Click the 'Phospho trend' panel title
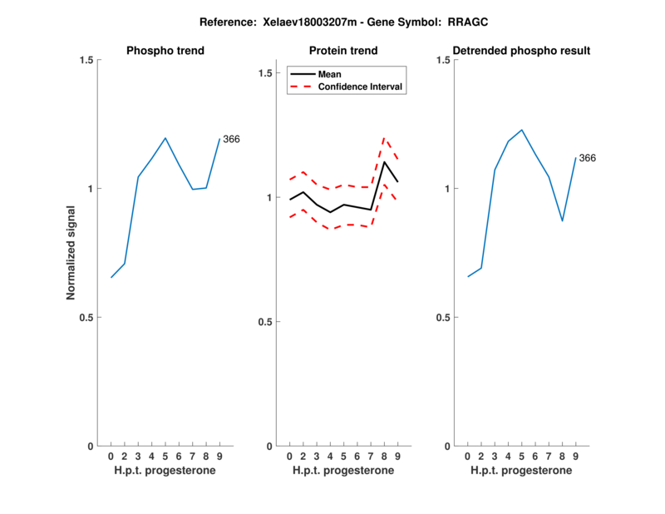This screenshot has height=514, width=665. pyautogui.click(x=165, y=51)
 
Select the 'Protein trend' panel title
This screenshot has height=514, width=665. pyautogui.click(x=343, y=51)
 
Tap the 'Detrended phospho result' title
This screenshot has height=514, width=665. pyautogui.click(x=521, y=51)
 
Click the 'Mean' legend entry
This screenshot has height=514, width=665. pyautogui.click(x=330, y=74)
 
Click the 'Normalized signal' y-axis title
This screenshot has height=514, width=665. pyautogui.click(x=71, y=253)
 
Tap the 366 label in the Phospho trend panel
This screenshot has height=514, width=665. pyautogui.click(x=231, y=139)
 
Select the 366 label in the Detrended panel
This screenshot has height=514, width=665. pyautogui.click(x=587, y=158)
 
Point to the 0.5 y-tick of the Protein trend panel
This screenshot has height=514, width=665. pyautogui.click(x=265, y=322)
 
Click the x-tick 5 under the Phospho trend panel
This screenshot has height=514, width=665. pyautogui.click(x=165, y=457)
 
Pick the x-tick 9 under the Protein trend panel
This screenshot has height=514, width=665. pyautogui.click(x=397, y=457)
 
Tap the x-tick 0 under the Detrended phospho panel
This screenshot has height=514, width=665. pyautogui.click(x=467, y=457)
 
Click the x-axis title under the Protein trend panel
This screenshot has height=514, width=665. pyautogui.click(x=343, y=471)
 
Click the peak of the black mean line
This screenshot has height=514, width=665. pyautogui.click(x=384, y=161)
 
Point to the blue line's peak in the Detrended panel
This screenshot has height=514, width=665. pyautogui.click(x=521, y=130)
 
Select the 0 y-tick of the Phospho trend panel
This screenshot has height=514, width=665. pyautogui.click(x=91, y=447)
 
